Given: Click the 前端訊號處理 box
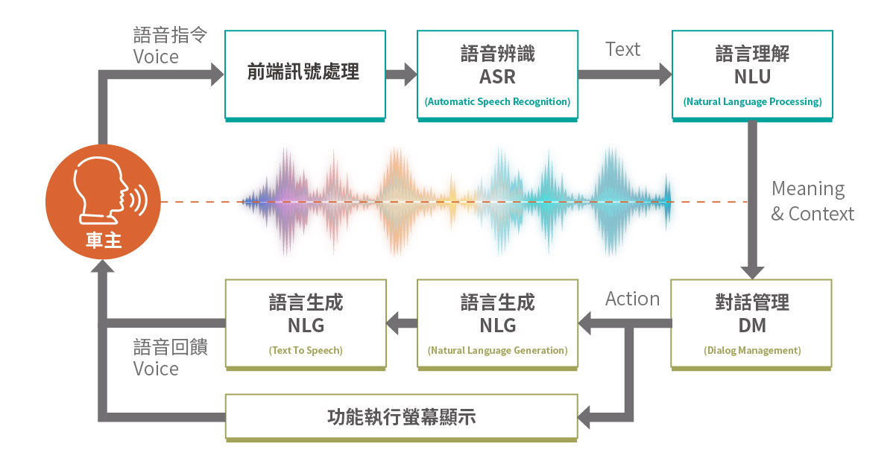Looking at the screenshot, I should (305, 74).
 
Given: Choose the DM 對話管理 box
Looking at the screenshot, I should (751, 323).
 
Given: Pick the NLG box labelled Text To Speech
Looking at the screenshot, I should (306, 323).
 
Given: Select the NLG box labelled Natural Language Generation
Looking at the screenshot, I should (497, 323).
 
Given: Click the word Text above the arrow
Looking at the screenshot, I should (622, 50).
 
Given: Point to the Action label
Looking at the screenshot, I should (632, 299).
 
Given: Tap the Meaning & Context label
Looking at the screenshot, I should (811, 201).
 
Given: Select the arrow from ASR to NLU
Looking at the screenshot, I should (625, 74).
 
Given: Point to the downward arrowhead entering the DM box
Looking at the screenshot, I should (752, 269).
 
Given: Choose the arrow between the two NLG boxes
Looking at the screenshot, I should (402, 323).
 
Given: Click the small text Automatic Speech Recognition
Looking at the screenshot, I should (497, 101).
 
